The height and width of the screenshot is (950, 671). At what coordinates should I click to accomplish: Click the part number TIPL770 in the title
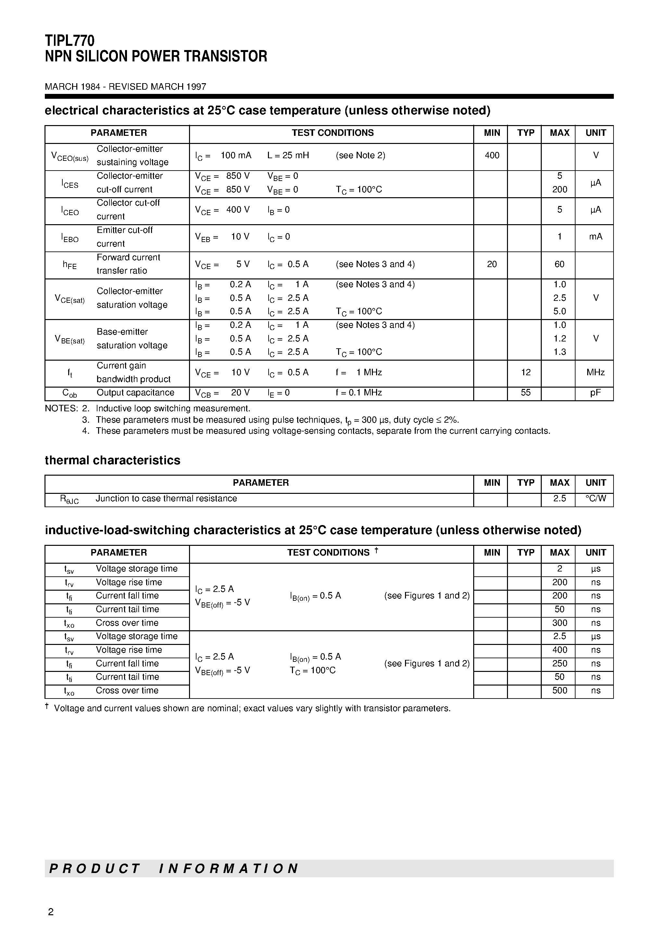tap(70, 41)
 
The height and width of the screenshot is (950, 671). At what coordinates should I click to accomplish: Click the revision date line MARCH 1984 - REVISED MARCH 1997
tap(125, 87)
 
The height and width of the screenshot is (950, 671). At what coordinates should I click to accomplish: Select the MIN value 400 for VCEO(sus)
tap(491, 156)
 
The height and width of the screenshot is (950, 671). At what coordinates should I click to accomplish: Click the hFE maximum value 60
tap(559, 264)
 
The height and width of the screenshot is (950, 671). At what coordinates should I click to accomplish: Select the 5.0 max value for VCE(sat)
tap(559, 311)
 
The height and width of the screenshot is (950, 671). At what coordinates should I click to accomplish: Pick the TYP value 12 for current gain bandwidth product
tap(525, 372)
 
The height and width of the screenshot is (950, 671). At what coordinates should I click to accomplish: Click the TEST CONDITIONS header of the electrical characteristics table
tap(332, 133)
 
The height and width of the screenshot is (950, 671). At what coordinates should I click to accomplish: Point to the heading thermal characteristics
tap(112, 460)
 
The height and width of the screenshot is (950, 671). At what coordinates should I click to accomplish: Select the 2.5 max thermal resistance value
tap(559, 499)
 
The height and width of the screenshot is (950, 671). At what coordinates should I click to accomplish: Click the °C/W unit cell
tap(595, 499)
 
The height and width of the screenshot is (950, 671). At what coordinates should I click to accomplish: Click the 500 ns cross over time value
tap(559, 691)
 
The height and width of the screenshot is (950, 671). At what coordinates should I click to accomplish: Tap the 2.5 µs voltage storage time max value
tap(559, 636)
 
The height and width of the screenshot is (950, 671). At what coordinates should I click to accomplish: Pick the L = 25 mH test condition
tap(288, 156)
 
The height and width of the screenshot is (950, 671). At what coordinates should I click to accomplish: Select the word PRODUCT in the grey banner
tap(95, 868)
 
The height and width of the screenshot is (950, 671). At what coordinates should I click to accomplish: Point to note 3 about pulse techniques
tap(277, 420)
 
